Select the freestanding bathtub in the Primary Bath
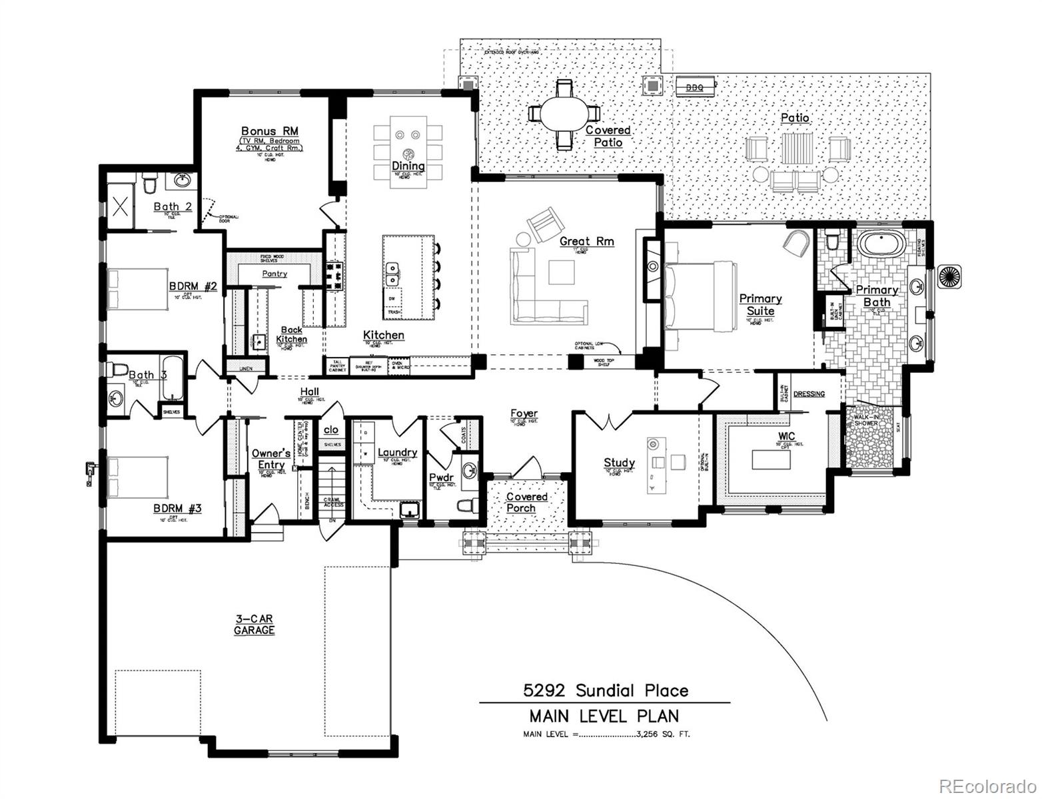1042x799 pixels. point(881,243)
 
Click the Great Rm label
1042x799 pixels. point(586,241)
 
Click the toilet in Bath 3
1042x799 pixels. point(119,370)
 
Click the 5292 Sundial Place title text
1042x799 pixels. point(606,690)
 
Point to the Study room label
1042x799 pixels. point(619,463)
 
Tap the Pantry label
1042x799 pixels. point(274,274)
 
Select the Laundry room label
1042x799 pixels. point(397,453)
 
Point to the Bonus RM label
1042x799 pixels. point(269,131)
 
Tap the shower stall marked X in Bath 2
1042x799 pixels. point(121,206)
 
